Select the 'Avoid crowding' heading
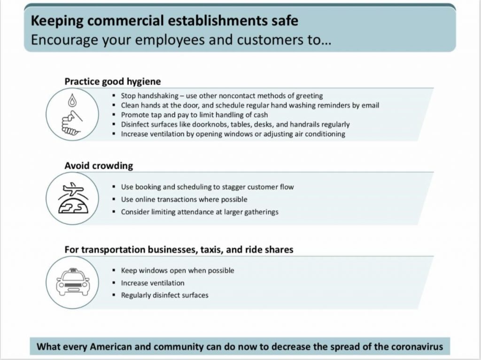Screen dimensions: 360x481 99,165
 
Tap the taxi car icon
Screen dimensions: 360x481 72,282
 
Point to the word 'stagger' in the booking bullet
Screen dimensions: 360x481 229,187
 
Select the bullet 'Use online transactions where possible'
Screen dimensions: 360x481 184,199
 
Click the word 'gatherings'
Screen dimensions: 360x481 261,212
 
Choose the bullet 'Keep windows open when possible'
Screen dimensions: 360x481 177,271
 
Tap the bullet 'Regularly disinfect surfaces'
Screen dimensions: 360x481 164,295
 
